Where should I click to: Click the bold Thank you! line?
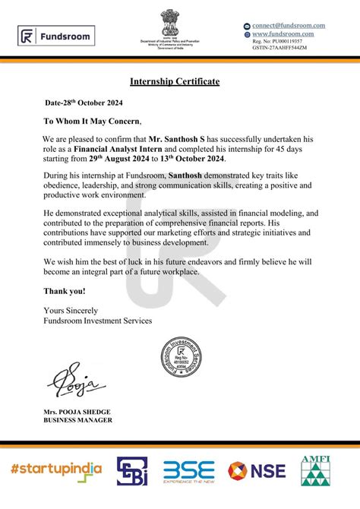[64, 291]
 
